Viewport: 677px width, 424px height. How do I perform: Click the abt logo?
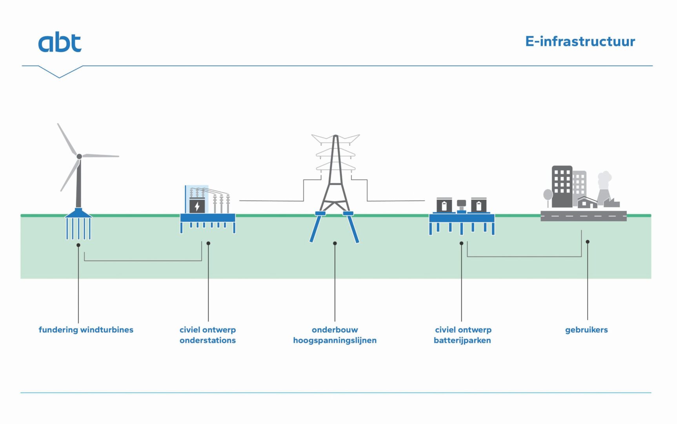tap(60, 42)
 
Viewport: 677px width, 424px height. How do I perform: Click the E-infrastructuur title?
tap(580, 42)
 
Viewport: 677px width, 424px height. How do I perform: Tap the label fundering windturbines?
tap(86, 330)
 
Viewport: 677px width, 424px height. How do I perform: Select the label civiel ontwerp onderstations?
tap(207, 335)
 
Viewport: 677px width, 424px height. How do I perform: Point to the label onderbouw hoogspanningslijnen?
tap(335, 335)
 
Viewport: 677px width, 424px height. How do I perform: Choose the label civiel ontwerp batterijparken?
tap(462, 335)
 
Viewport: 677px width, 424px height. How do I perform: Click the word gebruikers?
tap(586, 330)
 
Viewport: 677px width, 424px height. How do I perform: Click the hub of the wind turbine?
tap(79, 156)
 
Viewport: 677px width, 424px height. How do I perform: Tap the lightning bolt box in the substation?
tap(197, 206)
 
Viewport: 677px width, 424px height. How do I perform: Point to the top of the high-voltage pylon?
tap(335, 137)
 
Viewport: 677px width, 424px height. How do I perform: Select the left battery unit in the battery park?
tap(444, 205)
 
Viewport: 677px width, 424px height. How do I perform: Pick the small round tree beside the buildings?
tap(548, 194)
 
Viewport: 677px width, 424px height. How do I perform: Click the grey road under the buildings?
tap(583, 216)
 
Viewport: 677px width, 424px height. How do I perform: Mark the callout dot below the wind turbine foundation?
tap(78, 245)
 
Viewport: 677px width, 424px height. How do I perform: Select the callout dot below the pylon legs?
tap(335, 243)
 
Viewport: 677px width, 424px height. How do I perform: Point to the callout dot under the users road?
tap(587, 242)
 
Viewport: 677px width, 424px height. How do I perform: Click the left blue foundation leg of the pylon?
tap(316, 228)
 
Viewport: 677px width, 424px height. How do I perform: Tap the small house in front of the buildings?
tap(587, 203)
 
